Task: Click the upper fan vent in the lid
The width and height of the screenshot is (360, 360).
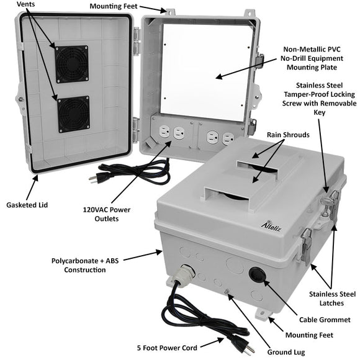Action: pos(71,64)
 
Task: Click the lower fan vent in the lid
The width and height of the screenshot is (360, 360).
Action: pos(73,114)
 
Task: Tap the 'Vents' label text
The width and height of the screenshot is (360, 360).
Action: pos(26,4)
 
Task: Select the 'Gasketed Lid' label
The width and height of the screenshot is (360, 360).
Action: pos(27,204)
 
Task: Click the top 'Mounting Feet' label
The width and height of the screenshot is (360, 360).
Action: pos(114,7)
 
